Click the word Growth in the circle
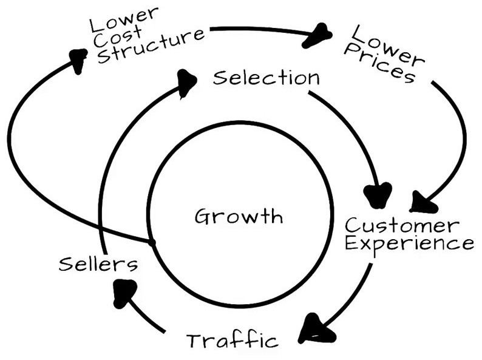239,217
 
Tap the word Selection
266,78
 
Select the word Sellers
98,263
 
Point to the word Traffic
232,340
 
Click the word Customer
401,226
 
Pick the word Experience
409,244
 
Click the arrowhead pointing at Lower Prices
318,37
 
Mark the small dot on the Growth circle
151,242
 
